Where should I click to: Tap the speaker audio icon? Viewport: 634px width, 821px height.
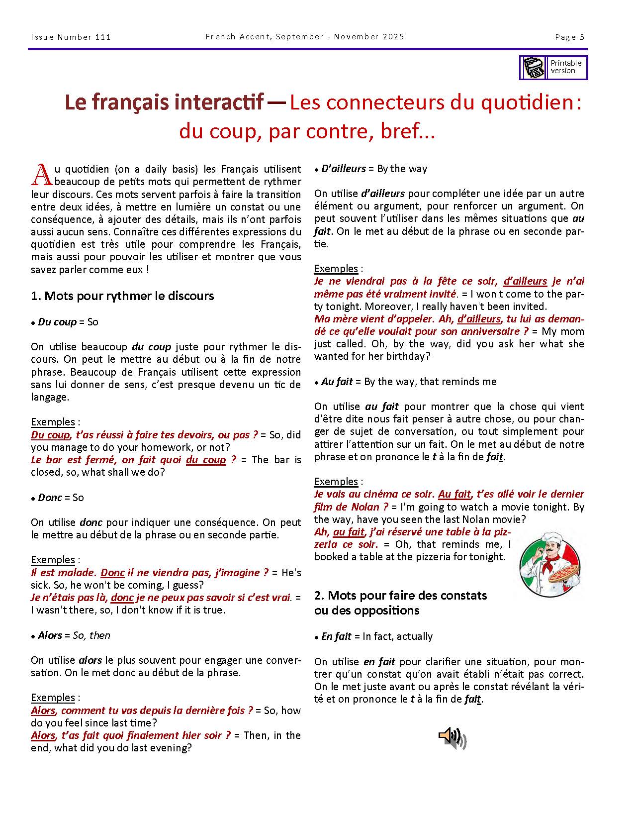click(x=452, y=738)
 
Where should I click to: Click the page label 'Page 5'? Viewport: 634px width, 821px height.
click(x=570, y=37)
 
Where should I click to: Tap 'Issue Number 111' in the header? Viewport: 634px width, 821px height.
click(x=71, y=37)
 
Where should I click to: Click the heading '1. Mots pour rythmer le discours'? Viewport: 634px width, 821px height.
click(x=122, y=296)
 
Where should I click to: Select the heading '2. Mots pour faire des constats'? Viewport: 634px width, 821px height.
click(x=400, y=595)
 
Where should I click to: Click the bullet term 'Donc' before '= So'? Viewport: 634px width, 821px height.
click(x=50, y=498)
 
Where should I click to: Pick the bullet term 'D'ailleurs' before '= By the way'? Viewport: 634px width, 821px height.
click(x=344, y=169)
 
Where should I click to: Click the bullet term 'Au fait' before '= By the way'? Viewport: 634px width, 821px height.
click(x=337, y=382)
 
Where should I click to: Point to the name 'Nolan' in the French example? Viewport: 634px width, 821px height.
click(x=365, y=507)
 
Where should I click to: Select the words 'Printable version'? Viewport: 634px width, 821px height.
click(x=566, y=67)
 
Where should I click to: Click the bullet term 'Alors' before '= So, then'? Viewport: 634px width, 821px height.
click(x=50, y=635)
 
